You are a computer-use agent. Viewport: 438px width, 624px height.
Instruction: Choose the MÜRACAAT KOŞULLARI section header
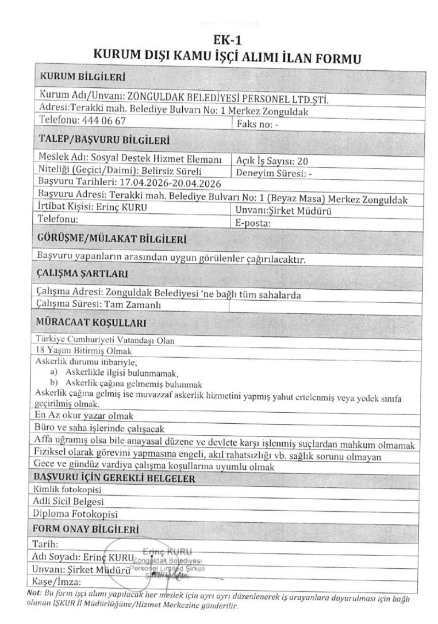click(90, 322)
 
